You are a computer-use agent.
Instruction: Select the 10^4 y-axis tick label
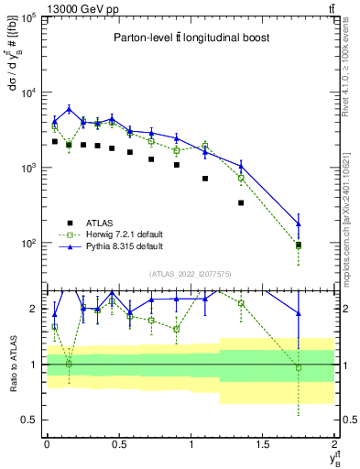(27, 93)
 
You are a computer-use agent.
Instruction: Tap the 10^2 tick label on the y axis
(27, 244)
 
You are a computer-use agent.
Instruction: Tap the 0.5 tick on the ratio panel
(31, 420)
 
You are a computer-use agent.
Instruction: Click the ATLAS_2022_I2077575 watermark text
(191, 274)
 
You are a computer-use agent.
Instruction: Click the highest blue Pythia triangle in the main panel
(69, 109)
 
